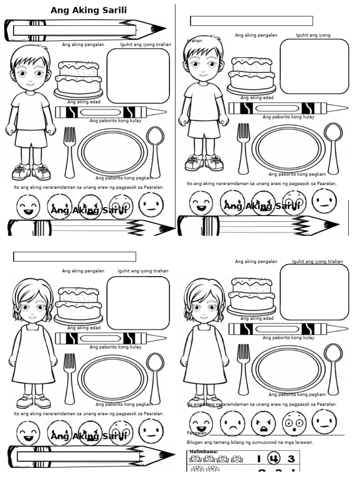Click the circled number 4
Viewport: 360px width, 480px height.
(x=273, y=458)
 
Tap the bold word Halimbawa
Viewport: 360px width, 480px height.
(x=203, y=452)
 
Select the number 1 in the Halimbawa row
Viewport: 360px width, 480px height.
(x=258, y=459)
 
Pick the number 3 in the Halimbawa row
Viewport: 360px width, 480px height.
(x=291, y=459)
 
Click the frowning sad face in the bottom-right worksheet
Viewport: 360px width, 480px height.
(x=232, y=423)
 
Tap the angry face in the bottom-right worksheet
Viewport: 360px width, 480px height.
(x=263, y=423)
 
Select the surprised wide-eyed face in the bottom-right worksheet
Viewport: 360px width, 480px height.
(x=294, y=423)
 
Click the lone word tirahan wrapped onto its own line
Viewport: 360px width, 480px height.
(x=194, y=41)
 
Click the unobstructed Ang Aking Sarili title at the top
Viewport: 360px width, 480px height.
(x=89, y=10)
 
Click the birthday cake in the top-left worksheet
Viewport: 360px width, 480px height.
(x=78, y=80)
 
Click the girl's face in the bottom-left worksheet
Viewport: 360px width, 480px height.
(x=32, y=307)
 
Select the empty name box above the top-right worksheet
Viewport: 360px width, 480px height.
(x=251, y=21)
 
